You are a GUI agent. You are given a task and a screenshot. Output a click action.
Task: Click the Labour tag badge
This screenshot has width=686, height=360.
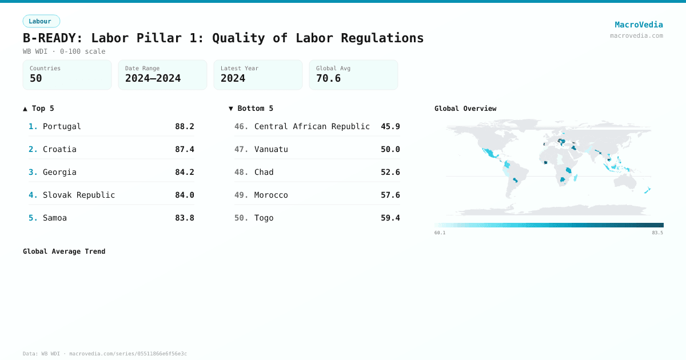[41, 21]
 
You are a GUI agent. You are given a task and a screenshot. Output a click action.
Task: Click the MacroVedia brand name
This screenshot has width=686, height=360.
[639, 25]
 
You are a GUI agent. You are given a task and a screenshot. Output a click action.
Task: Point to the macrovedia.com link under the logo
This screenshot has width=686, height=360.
[636, 35]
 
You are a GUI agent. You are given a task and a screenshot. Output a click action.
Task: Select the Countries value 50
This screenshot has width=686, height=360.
[36, 78]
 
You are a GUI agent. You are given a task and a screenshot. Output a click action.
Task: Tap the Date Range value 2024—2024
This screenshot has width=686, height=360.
[153, 78]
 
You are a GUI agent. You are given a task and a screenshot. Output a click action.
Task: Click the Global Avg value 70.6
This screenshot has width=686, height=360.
[328, 78]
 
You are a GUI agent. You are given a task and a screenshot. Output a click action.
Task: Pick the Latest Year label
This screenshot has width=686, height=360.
[240, 69]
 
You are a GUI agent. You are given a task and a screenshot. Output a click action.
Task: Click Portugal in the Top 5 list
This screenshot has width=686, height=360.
[62, 126]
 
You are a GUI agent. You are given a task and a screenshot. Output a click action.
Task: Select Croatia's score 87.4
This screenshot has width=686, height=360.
[184, 149]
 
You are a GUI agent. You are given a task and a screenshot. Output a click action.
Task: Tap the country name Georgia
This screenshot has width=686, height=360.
[59, 172]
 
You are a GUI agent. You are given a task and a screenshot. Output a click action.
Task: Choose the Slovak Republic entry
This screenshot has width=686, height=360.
[79, 195]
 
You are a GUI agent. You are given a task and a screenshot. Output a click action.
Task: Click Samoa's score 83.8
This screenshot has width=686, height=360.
[184, 218]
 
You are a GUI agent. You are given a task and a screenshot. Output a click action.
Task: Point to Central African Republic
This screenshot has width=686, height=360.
[312, 126]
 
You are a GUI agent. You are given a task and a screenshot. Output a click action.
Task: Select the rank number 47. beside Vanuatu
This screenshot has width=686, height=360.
[241, 149]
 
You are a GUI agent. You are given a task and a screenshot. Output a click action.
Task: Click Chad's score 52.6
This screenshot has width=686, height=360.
[390, 172]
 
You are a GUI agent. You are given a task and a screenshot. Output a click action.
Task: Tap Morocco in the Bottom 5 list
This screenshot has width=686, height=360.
[271, 195]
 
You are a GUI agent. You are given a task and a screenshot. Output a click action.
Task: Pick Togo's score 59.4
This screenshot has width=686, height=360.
[390, 218]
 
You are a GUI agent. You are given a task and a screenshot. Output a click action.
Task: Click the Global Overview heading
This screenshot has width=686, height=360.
[465, 109]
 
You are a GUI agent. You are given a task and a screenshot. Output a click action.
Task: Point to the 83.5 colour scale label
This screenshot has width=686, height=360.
[657, 233]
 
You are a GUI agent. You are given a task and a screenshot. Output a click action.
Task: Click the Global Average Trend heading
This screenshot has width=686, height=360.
[64, 251]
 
